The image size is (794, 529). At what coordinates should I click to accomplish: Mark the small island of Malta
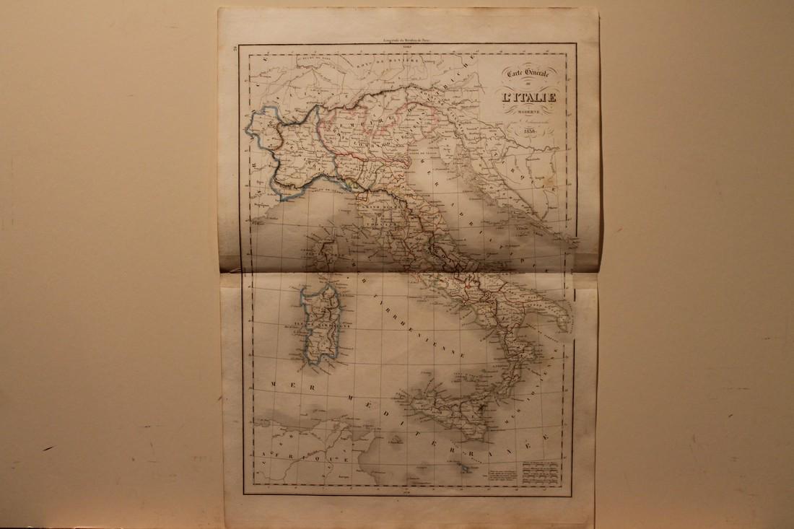tap(467, 469)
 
